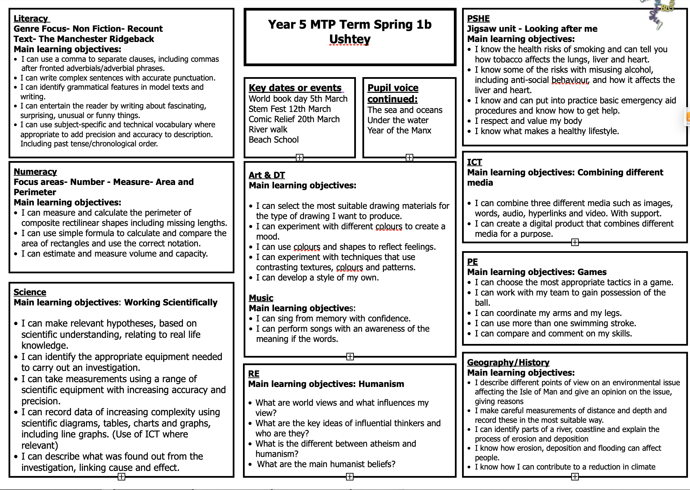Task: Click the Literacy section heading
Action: click(31, 18)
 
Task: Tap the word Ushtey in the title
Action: click(350, 39)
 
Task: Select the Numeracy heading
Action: click(35, 172)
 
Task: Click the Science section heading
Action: click(30, 292)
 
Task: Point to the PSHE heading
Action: click(478, 18)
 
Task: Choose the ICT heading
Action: click(474, 162)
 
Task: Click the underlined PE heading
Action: click(472, 262)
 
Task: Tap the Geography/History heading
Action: click(508, 362)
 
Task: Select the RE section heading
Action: click(254, 374)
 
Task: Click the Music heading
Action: click(261, 298)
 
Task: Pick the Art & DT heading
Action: click(267, 175)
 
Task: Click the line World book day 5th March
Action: click(298, 99)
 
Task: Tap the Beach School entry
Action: click(274, 140)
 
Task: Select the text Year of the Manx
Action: click(399, 130)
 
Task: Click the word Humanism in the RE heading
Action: click(381, 384)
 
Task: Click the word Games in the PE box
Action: click(592, 272)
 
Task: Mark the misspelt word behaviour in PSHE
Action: click(570, 80)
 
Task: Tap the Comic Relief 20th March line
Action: click(294, 119)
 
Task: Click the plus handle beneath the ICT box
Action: click(575, 242)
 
